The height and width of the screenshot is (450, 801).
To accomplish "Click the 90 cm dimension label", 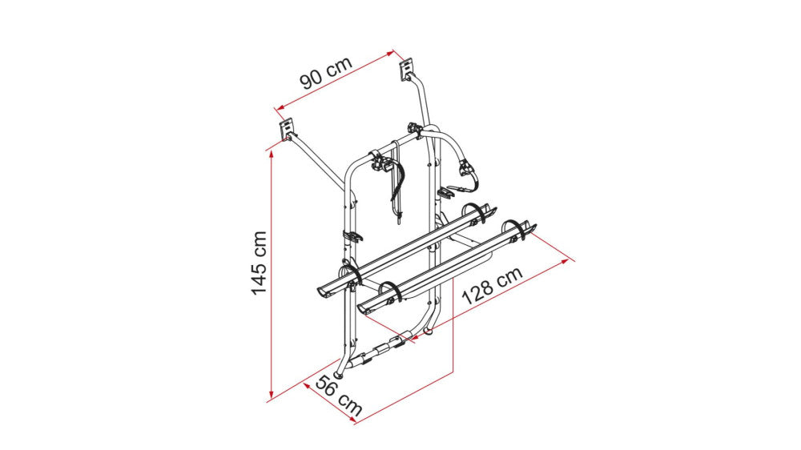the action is [x=326, y=73].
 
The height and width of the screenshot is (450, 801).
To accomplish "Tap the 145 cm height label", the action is [x=259, y=263].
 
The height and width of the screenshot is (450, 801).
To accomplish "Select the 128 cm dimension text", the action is [x=493, y=285].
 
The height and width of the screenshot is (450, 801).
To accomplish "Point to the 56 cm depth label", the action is [x=339, y=396].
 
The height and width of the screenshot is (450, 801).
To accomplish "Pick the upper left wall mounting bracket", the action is [x=288, y=129].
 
